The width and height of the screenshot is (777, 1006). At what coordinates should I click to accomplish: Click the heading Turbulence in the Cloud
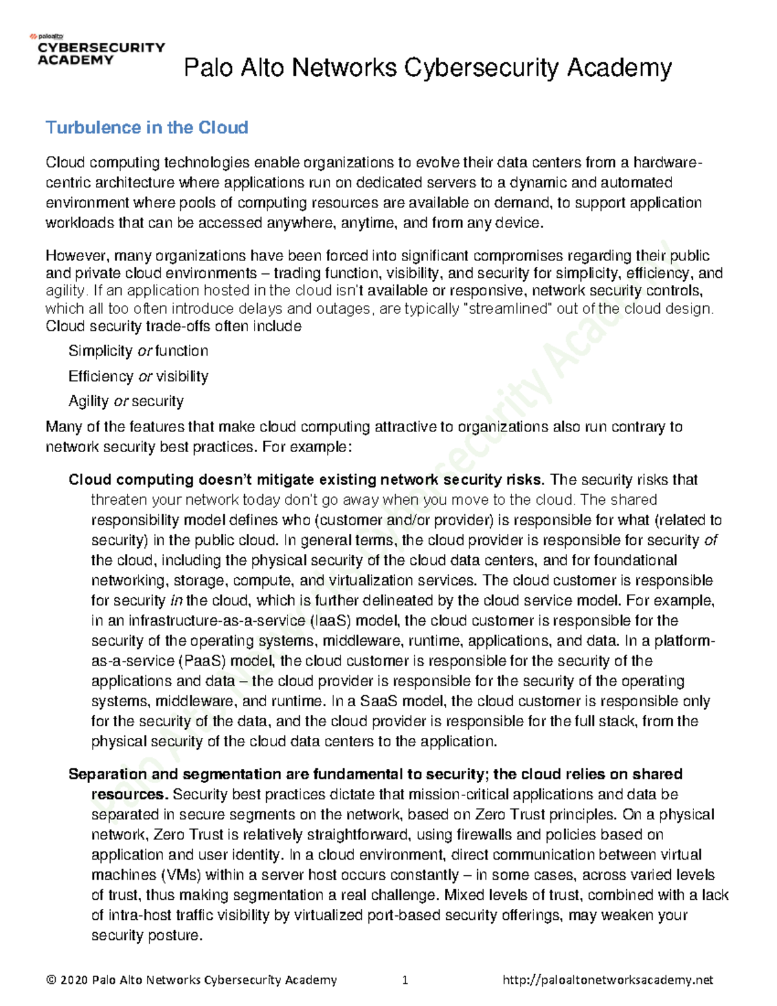pyautogui.click(x=147, y=128)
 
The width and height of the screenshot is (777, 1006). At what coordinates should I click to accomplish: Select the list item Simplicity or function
pyautogui.click(x=138, y=351)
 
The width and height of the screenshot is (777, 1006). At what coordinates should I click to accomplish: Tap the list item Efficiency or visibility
pyautogui.click(x=138, y=376)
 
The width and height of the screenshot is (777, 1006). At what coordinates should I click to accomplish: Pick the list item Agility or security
pyautogui.click(x=126, y=402)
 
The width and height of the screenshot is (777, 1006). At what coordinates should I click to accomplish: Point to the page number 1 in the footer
pyautogui.click(x=405, y=980)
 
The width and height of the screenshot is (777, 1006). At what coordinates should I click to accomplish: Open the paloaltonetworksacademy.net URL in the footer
pyautogui.click(x=607, y=980)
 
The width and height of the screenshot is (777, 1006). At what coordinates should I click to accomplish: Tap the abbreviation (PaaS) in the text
pyautogui.click(x=201, y=661)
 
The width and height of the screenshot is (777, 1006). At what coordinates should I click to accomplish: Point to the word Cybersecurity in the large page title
pyautogui.click(x=482, y=68)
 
